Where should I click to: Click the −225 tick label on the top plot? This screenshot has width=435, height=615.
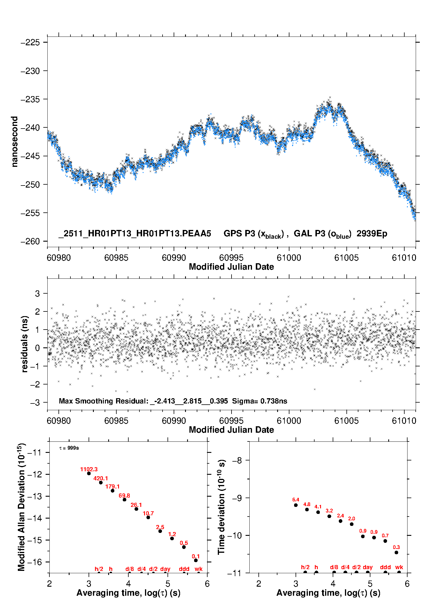pos(30,43)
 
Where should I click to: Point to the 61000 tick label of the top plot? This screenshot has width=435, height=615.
pos(289,258)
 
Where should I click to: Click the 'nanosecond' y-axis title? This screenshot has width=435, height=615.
pos(14,142)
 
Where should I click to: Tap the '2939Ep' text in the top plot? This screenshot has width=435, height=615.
pos(372,233)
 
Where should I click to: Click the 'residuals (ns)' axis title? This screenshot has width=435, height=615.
pos(25,344)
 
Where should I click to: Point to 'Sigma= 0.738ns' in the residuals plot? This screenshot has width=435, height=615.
pos(260,401)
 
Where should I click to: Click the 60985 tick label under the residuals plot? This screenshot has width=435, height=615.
pos(116,421)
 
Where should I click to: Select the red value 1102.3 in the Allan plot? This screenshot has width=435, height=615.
pos(89,469)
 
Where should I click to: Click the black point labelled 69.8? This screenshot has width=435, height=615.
pos(125,500)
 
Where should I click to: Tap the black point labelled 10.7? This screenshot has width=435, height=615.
pos(148,517)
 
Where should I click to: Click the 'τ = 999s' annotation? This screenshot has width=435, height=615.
pos(69,448)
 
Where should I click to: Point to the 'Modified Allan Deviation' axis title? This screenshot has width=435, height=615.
pos(21,507)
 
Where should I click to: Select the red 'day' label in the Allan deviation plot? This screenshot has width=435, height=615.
pos(165,569)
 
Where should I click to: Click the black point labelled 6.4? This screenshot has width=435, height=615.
pos(296,505)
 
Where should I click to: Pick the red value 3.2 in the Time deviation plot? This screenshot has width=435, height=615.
pos(329,511)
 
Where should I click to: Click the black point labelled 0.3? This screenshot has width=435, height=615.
pos(396,552)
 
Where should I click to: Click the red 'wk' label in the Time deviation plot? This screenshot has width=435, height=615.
pos(399,567)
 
